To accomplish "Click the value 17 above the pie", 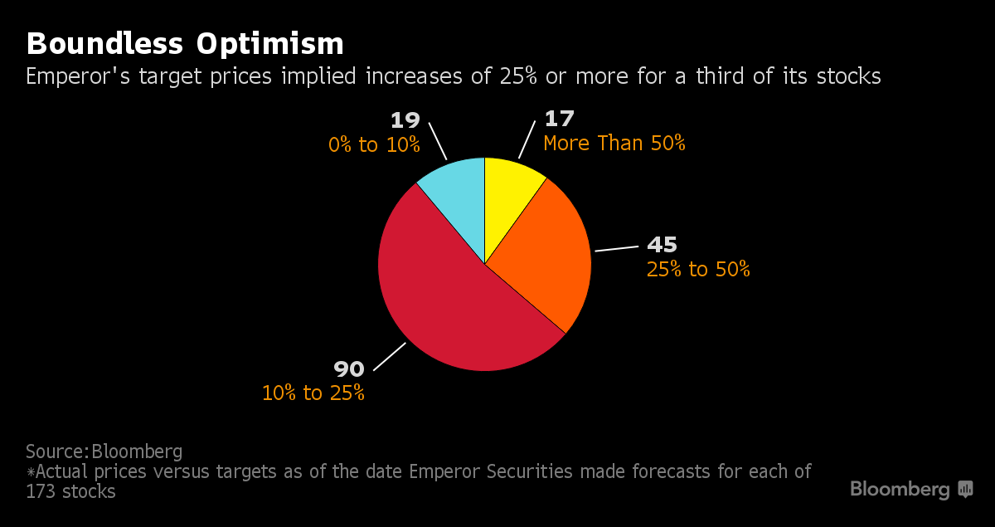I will click(560, 119).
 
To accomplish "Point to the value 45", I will click(662, 245).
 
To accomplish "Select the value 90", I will click(349, 368).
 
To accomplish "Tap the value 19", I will click(405, 120).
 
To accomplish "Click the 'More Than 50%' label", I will click(614, 144).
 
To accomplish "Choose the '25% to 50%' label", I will click(697, 269).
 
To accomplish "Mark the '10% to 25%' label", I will click(313, 393).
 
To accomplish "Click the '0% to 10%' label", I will click(374, 144).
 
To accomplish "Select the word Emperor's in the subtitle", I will click(74, 76).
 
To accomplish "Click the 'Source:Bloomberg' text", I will click(104, 451).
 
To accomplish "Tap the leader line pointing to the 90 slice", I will click(389, 357).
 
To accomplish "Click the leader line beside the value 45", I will click(615, 248).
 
